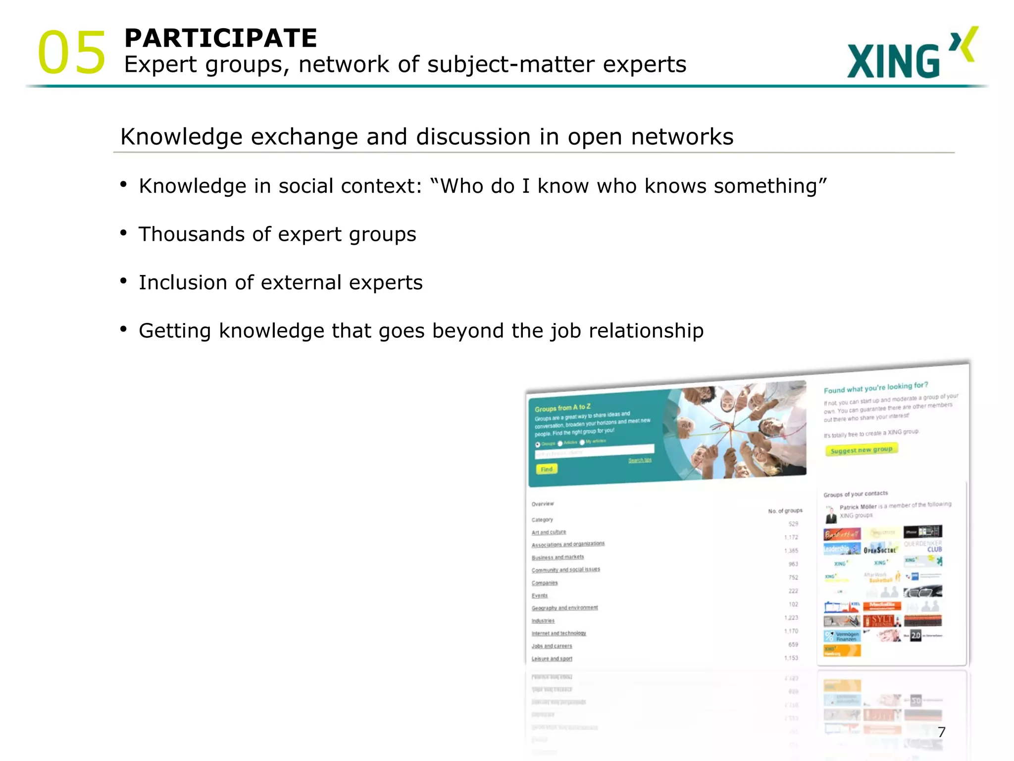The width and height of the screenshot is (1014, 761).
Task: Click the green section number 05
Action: coord(72,53)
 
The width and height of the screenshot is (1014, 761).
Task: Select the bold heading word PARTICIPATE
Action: coord(220,38)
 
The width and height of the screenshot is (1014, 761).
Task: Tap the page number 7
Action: coord(941,732)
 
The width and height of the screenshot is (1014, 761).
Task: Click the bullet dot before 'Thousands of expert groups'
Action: coord(123,233)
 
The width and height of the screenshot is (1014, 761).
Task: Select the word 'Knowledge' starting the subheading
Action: coord(181,137)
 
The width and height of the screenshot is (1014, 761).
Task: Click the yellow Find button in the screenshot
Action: coord(546,469)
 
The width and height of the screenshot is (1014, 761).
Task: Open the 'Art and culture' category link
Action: coord(549,532)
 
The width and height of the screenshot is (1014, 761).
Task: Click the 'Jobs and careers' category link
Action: coord(552,646)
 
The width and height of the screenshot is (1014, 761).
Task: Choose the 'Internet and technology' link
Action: coord(558,633)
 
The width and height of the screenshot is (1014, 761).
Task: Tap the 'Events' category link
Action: coord(540,596)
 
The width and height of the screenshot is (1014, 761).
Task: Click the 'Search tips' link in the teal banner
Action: coord(640,460)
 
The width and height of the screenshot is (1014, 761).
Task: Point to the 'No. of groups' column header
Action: coord(785,510)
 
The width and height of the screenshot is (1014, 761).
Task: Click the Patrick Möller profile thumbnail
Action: coord(831,514)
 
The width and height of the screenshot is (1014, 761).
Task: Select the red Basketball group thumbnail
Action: coord(842,534)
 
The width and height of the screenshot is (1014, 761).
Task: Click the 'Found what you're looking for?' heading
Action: coord(875,387)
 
